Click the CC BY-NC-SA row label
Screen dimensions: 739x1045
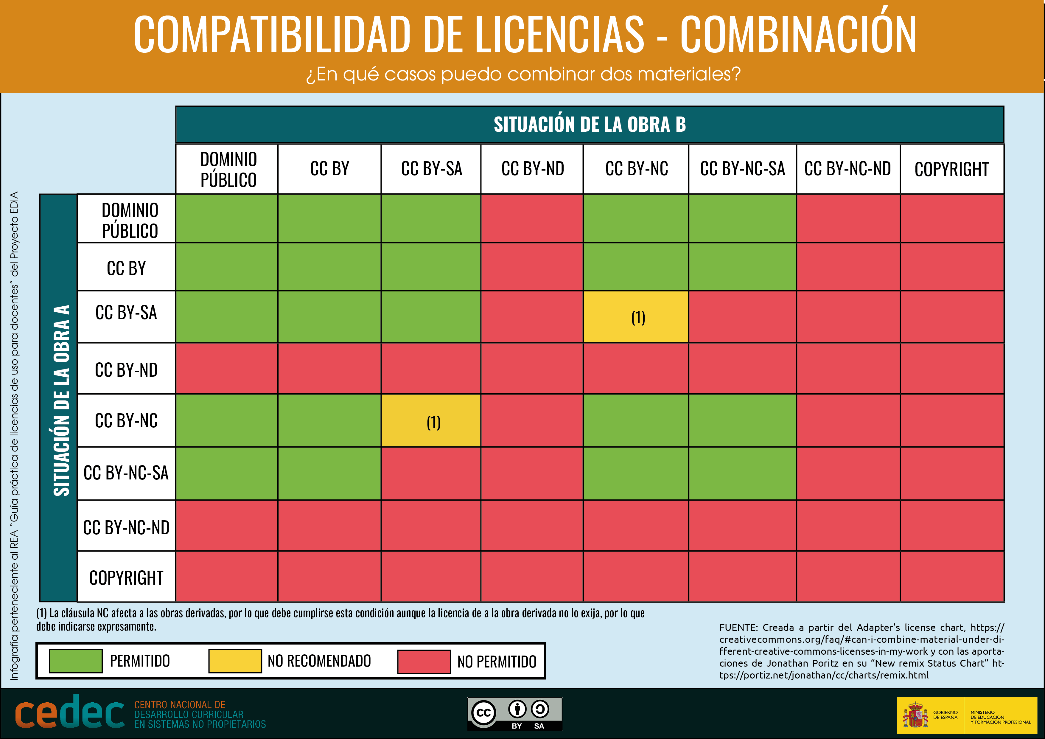pos(126,473)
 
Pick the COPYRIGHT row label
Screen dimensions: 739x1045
pos(126,578)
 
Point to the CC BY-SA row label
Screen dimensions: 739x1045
pos(126,313)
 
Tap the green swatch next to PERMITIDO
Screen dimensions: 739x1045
pos(76,661)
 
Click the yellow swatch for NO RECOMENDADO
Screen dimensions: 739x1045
pos(235,661)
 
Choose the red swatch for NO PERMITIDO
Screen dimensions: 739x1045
pos(424,661)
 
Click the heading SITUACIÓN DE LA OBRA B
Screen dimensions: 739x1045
pos(590,124)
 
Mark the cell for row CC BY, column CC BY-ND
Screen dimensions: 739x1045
pos(532,267)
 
